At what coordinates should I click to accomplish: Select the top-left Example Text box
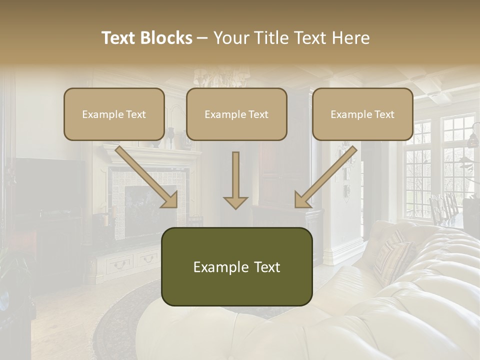tap(114, 114)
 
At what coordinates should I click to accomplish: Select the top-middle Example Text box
tap(236, 114)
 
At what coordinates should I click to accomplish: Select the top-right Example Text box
tap(362, 114)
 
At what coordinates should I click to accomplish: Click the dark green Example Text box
tap(236, 267)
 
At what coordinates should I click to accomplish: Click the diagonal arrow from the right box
tap(325, 177)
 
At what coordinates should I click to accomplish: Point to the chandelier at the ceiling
tap(220, 77)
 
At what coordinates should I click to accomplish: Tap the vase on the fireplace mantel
tap(171, 136)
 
